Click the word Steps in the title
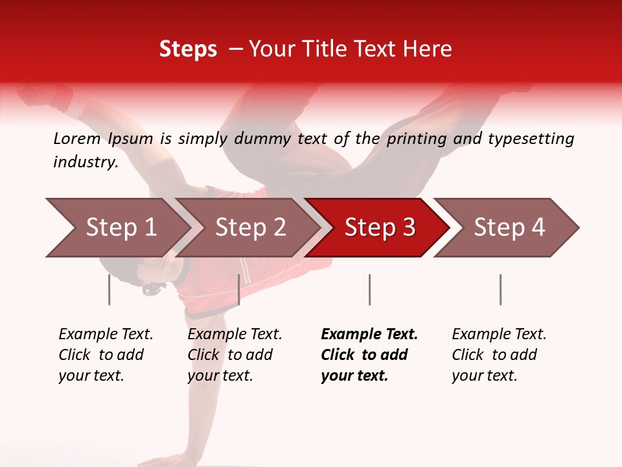tap(188, 49)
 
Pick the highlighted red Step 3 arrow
tap(380, 228)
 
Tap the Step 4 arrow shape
tap(509, 228)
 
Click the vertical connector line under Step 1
tap(109, 289)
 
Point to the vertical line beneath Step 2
tap(239, 289)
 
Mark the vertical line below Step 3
tap(369, 289)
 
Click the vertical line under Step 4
tap(500, 289)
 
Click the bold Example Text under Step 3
tap(369, 355)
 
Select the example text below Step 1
tap(106, 355)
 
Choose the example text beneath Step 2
tap(235, 355)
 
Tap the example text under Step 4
tap(499, 355)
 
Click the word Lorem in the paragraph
tap(77, 138)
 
